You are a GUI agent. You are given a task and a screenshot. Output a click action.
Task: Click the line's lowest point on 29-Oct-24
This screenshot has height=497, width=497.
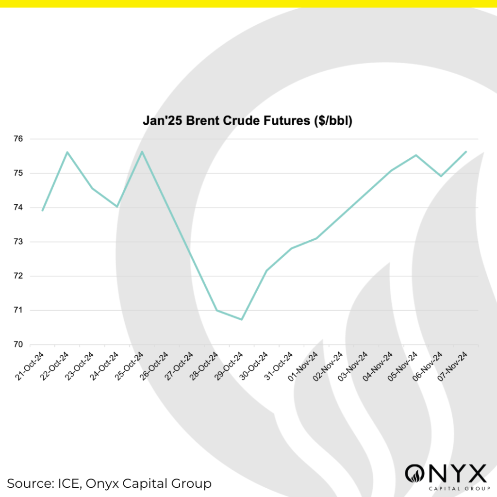[242, 319]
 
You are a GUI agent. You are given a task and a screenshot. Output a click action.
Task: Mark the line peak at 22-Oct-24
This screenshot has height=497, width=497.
[67, 152]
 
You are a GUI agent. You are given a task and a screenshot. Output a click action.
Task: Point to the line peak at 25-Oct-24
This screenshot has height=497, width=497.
[142, 151]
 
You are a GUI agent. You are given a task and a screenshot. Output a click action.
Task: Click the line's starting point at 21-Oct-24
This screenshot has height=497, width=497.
[43, 211]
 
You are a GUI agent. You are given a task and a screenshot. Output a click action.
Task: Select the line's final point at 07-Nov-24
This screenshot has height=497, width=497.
[466, 151]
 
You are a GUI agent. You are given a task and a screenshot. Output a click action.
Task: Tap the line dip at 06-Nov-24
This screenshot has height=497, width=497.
[441, 176]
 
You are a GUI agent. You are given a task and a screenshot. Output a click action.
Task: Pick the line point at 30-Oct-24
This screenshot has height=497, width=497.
[266, 270]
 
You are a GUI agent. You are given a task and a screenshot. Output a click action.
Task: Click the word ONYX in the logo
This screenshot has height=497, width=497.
[446, 474]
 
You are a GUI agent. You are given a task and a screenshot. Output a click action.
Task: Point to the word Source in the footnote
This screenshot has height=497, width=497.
[30, 483]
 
